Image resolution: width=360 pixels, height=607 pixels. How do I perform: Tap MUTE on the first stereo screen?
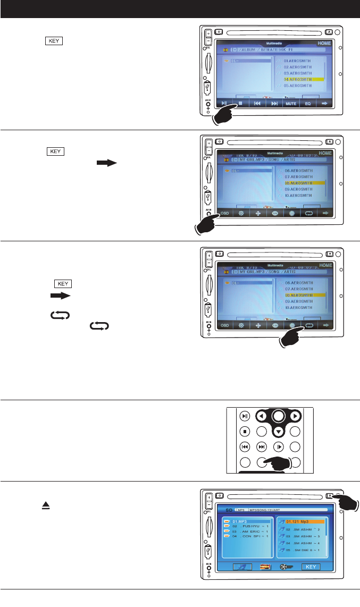click(x=291, y=104)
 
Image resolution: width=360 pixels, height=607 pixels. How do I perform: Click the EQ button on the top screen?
click(x=308, y=104)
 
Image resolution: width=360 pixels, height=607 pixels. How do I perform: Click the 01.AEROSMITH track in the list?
click(x=297, y=61)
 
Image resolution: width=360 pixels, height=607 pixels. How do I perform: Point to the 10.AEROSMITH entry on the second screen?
click(x=298, y=195)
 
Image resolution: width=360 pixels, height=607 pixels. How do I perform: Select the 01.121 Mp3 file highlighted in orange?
click(x=300, y=521)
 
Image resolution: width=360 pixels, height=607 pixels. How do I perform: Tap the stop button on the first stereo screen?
click(x=240, y=104)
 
